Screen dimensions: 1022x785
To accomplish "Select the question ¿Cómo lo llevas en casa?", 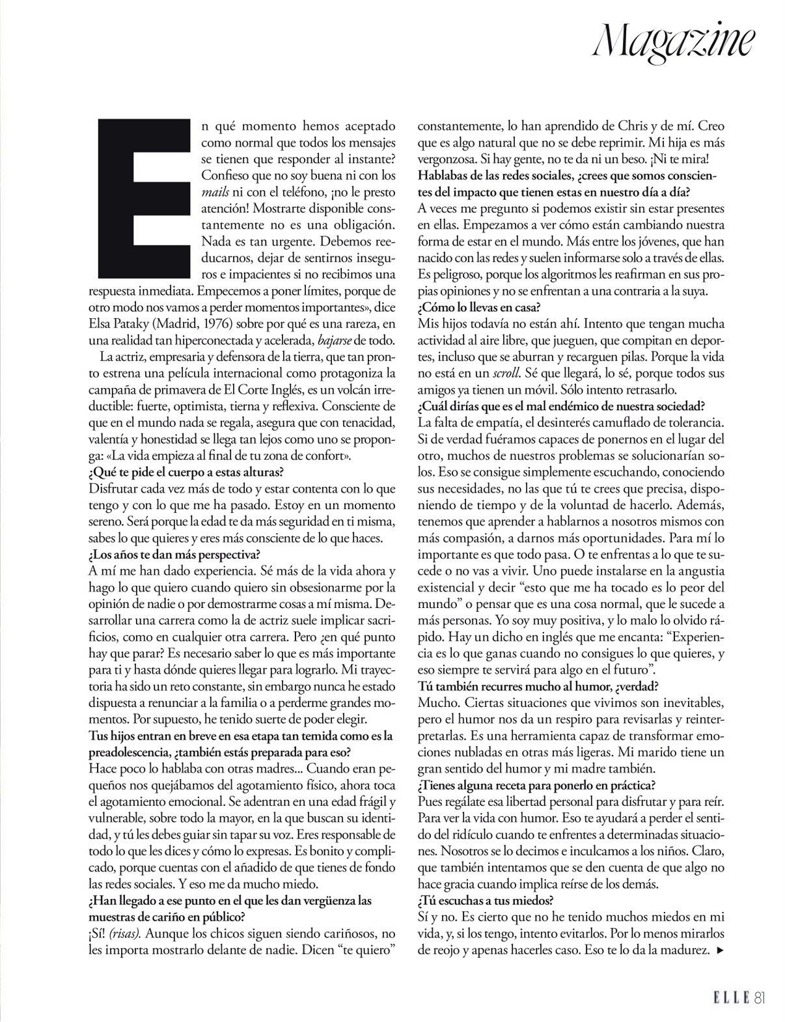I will point(479,307).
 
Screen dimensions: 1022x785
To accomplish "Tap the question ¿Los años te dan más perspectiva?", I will point(174,555).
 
